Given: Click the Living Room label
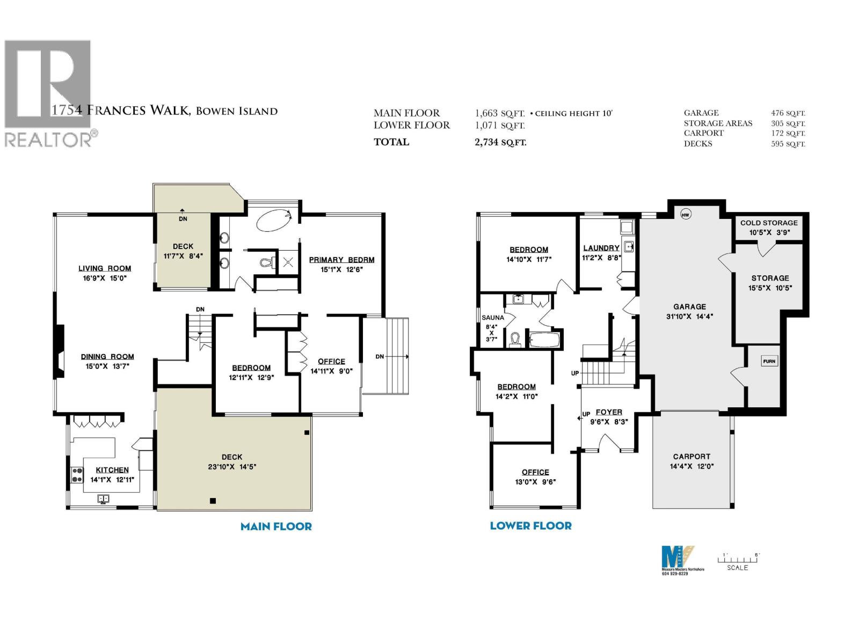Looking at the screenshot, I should [x=105, y=268].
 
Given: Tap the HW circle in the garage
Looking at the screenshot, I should [x=685, y=215].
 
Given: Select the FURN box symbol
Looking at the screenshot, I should [x=769, y=361].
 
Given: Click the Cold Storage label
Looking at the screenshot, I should [x=769, y=223].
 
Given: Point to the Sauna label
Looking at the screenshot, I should [x=493, y=318].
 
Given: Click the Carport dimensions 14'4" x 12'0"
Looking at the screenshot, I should [x=691, y=466].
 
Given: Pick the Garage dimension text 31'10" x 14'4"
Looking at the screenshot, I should [x=689, y=317].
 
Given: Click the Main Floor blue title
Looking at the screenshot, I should [x=276, y=526].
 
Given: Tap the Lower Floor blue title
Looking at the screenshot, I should [x=530, y=526].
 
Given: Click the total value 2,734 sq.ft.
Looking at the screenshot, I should [x=500, y=142].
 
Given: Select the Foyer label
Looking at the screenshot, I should [x=609, y=412].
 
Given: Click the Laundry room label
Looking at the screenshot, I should [x=601, y=248].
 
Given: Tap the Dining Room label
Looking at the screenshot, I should [x=107, y=356].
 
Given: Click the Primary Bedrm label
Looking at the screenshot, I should [x=341, y=260].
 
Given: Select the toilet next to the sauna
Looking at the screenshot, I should [x=515, y=339].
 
